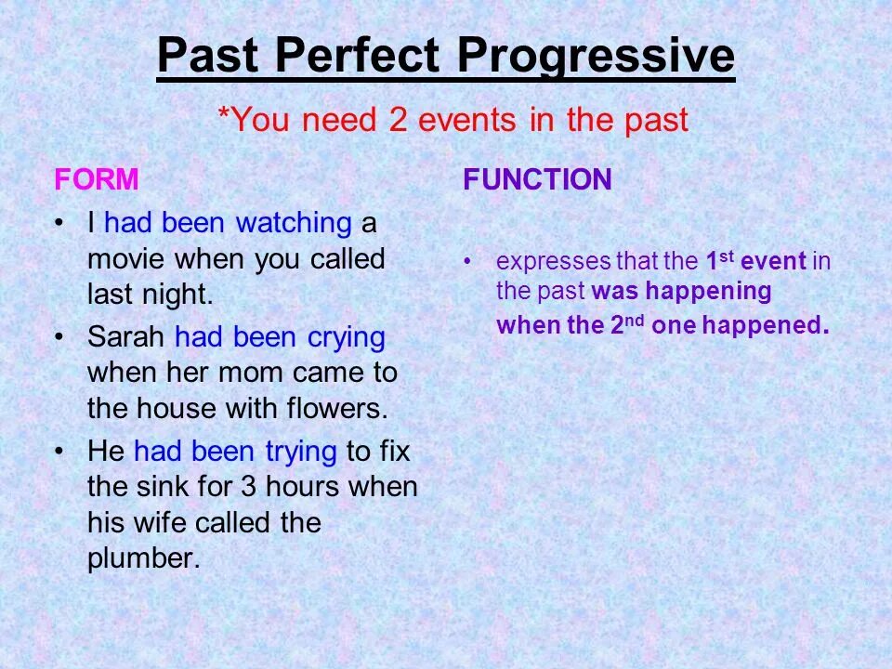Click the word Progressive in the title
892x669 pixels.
[596, 58]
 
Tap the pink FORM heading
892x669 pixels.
[97, 179]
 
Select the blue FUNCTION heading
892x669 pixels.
[537, 179]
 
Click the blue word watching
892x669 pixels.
[293, 223]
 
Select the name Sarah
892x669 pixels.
[127, 337]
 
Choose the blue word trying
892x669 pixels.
[300, 452]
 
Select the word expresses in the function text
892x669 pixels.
[553, 262]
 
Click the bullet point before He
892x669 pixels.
[60, 452]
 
